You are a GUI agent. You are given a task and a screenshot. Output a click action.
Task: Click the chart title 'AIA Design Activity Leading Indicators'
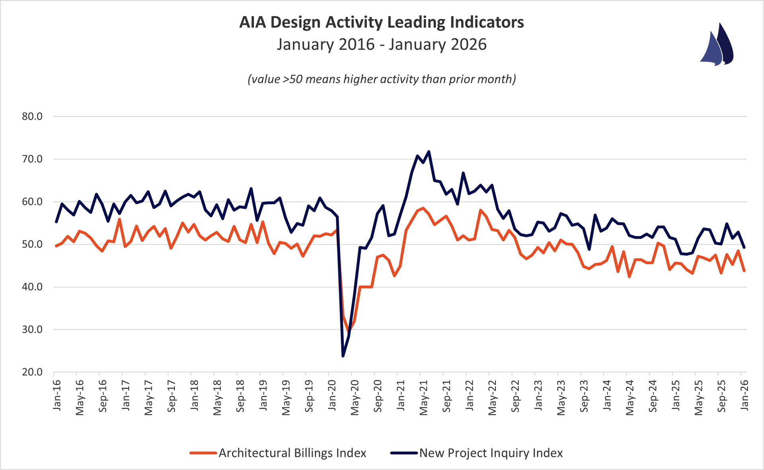(x=381, y=22)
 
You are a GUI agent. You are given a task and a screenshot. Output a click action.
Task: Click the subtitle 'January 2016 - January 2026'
(x=381, y=44)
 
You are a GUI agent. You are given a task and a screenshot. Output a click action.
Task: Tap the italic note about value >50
(x=381, y=79)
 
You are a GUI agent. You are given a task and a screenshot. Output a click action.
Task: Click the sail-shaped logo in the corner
(x=717, y=45)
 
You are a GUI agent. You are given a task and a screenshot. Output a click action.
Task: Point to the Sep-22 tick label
(x=515, y=396)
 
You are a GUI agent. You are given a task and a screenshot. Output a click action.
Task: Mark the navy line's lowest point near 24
(x=343, y=356)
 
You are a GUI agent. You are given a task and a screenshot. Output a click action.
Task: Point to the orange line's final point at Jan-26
(x=744, y=271)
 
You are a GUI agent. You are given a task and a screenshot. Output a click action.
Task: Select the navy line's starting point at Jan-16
(x=56, y=222)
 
